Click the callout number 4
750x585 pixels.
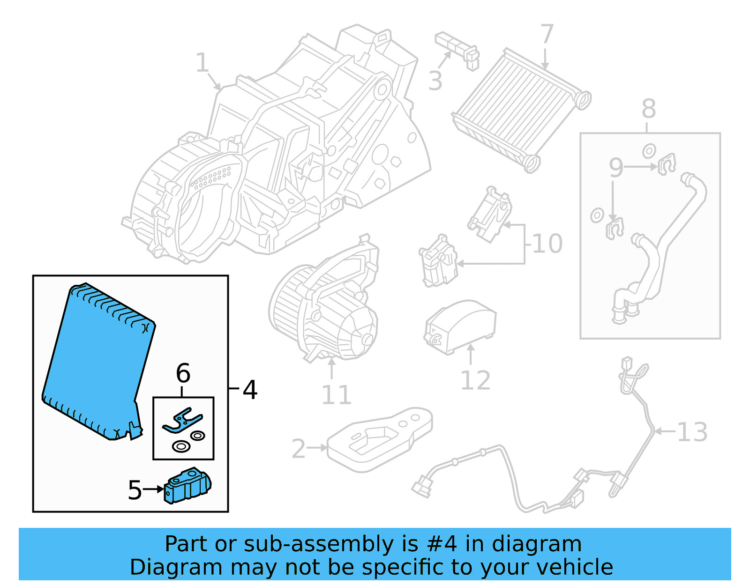click(x=250, y=390)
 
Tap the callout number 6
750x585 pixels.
click(x=183, y=373)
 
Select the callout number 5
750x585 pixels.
click(x=135, y=490)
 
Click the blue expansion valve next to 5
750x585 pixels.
click(x=187, y=486)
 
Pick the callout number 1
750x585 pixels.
click(x=202, y=62)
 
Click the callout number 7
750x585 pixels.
click(x=547, y=34)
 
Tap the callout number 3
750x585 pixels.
click(x=435, y=81)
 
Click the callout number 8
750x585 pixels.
click(x=648, y=109)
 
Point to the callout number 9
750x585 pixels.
click(x=616, y=167)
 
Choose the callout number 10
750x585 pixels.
click(x=547, y=244)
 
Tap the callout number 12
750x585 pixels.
click(x=475, y=380)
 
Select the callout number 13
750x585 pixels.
click(x=692, y=432)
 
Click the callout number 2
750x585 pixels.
click(x=299, y=449)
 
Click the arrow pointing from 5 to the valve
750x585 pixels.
click(x=154, y=489)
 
